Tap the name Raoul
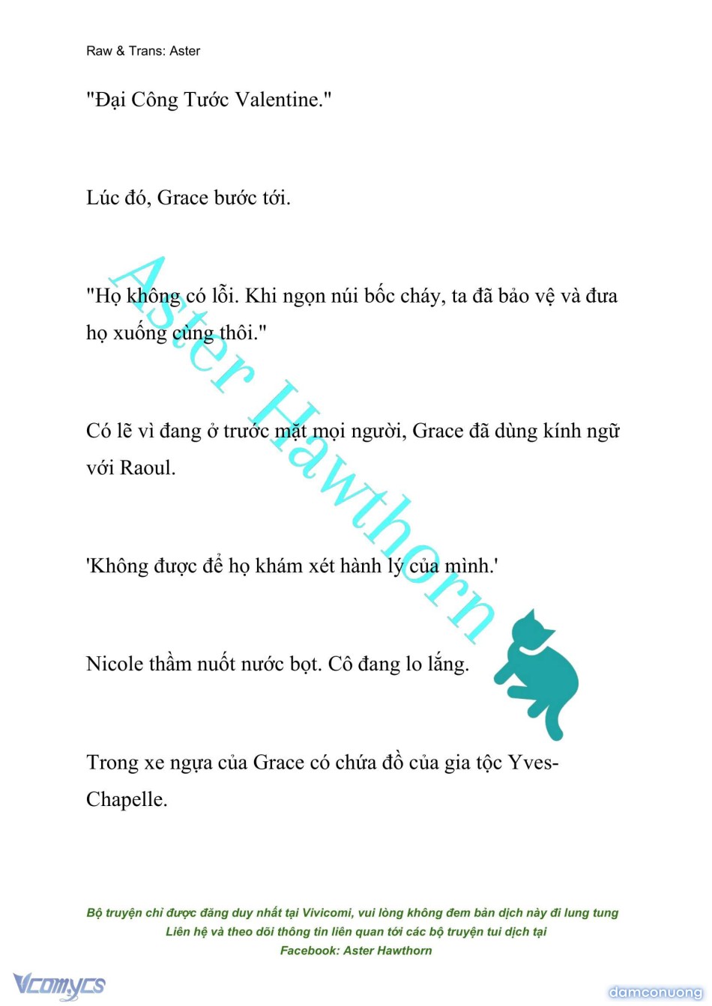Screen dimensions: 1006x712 pos(148,468)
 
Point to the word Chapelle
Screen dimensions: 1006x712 pos(126,800)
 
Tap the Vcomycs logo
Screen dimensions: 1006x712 pos(59,985)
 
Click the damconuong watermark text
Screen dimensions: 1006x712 pos(655,993)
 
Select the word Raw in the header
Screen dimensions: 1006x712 pos(99,51)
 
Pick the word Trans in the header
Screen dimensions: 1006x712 pos(145,51)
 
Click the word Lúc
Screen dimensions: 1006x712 pos(103,198)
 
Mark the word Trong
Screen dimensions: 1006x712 pos(112,763)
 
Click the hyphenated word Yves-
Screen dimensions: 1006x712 pos(533,763)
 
